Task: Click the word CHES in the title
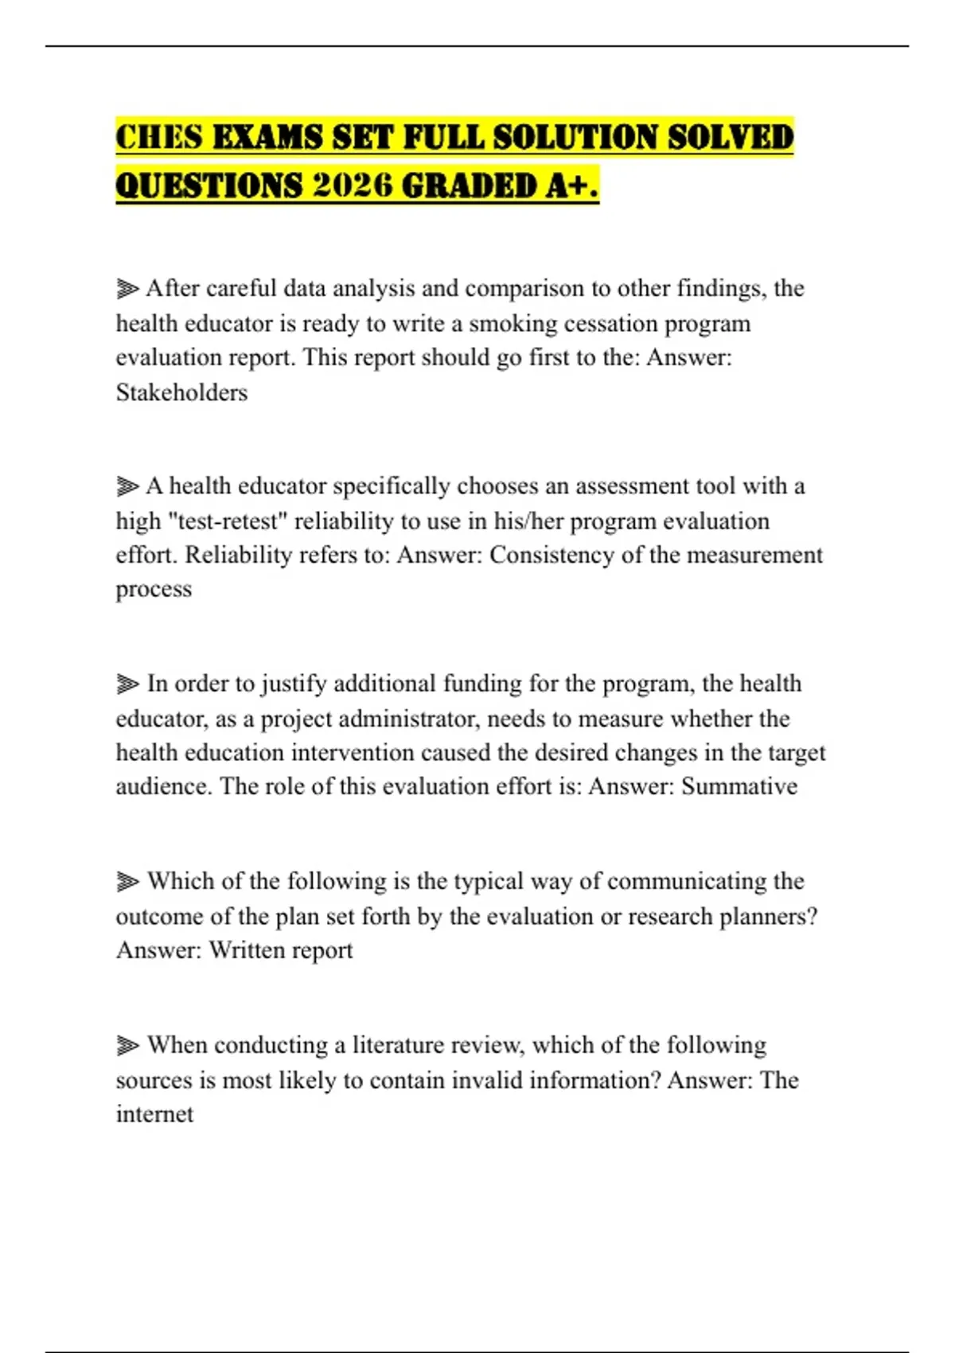159,137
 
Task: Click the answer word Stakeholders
181,392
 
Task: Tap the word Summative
739,786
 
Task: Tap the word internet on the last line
154,1114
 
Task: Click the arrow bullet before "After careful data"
127,288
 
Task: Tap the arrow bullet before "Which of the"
127,881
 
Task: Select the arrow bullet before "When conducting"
127,1045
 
